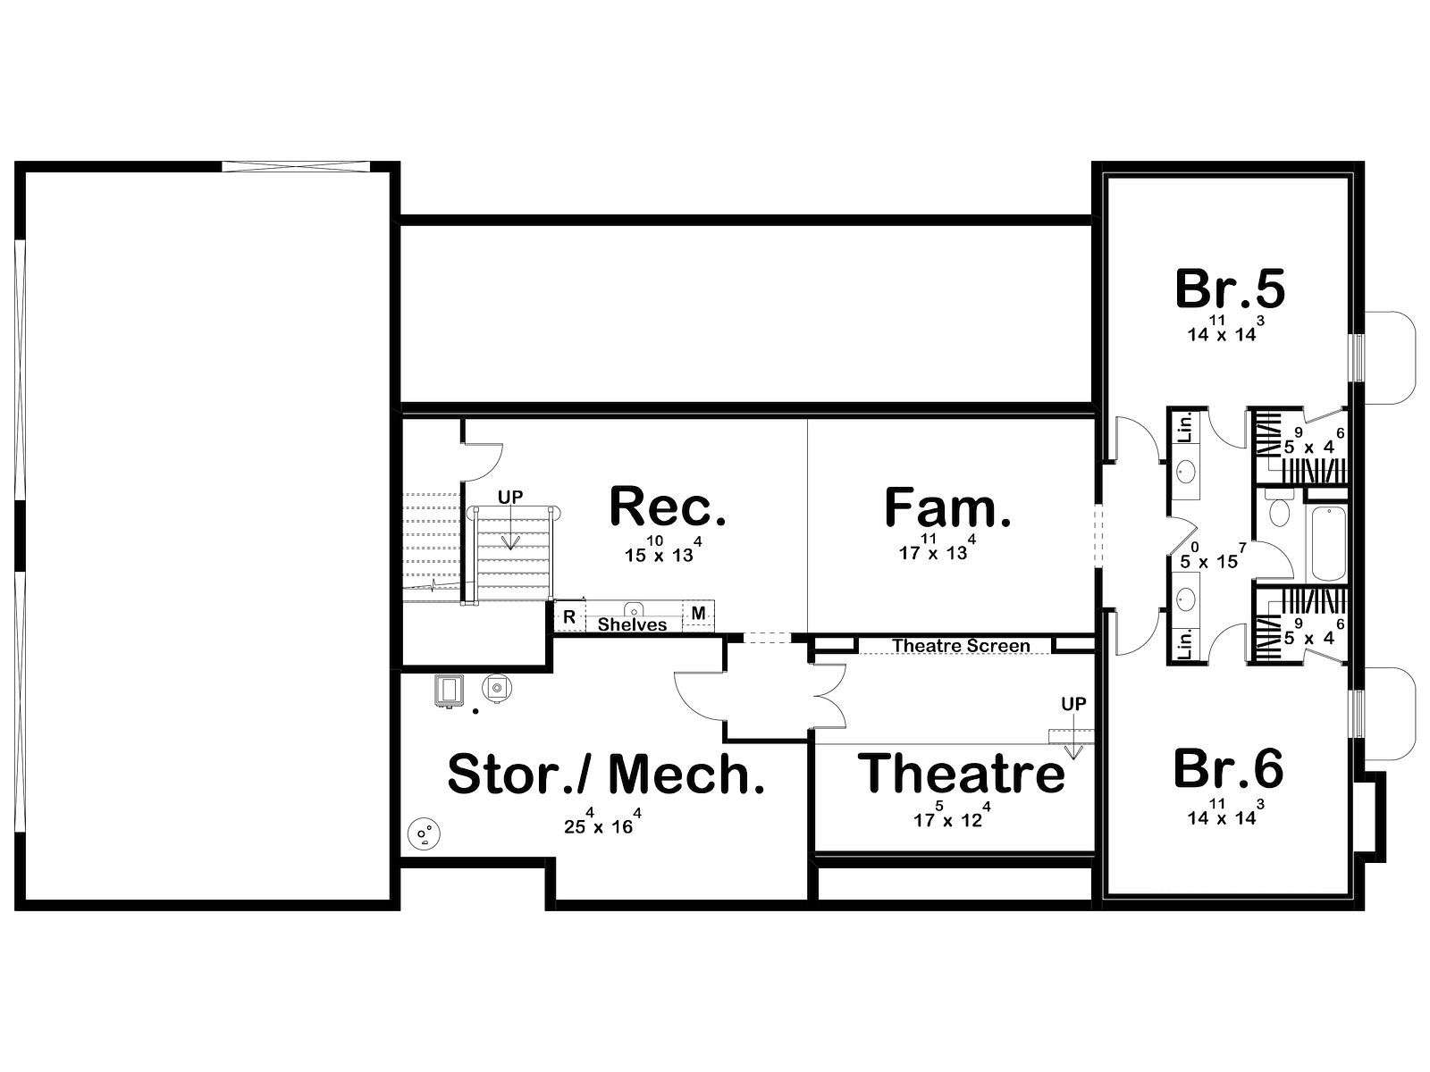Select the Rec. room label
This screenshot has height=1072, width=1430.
tap(668, 507)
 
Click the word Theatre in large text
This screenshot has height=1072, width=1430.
tap(961, 773)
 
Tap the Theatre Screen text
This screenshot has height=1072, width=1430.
tap(961, 646)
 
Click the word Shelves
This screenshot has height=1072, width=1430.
tap(632, 624)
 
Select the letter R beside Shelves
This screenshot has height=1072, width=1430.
tap(569, 617)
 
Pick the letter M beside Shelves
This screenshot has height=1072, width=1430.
tap(698, 613)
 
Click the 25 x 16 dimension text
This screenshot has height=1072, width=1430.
tap(602, 822)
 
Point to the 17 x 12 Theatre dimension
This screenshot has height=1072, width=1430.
tap(952, 816)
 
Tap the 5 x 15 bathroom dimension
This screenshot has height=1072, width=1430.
tap(1213, 557)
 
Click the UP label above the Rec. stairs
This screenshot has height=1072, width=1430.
tap(510, 498)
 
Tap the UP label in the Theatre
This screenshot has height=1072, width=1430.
tap(1073, 704)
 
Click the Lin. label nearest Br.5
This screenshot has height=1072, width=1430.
tap(1186, 427)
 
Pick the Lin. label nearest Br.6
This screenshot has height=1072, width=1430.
tap(1185, 644)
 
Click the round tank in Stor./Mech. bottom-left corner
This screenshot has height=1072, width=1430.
tap(424, 833)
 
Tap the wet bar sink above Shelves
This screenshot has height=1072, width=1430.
tap(634, 609)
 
